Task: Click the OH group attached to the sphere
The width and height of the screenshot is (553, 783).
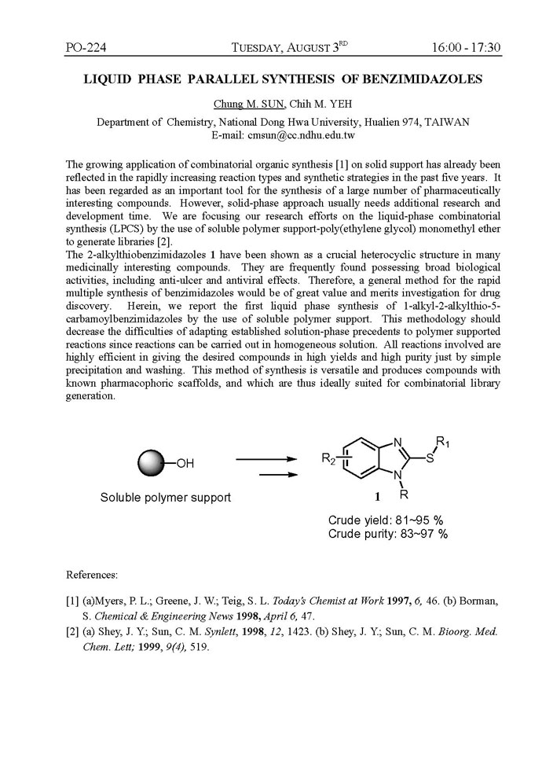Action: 184,463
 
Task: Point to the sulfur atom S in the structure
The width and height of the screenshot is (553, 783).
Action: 429,460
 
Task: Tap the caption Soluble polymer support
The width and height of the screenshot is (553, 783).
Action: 165,498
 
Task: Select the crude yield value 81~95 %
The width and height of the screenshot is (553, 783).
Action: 418,520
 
